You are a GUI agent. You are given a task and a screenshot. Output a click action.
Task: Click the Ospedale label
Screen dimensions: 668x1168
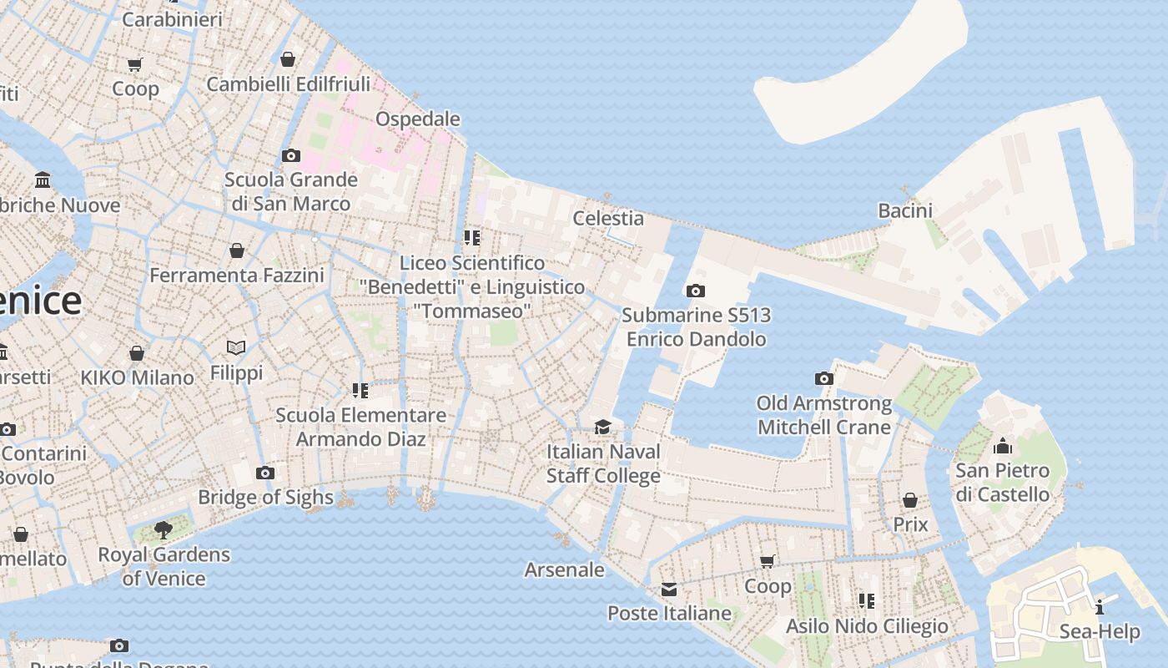pos(417,119)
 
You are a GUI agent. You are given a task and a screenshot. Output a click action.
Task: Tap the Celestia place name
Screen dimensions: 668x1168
pos(608,218)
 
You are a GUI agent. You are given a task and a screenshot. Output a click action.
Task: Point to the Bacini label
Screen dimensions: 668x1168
pos(905,210)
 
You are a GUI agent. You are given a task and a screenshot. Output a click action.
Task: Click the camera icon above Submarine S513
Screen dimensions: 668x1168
pos(695,291)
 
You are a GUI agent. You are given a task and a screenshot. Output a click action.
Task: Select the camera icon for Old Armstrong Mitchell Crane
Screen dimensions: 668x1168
pos(824,379)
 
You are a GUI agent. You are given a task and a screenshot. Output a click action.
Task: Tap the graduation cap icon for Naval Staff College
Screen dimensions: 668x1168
pos(602,428)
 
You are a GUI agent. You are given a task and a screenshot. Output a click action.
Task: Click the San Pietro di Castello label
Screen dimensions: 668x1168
pos(1002,483)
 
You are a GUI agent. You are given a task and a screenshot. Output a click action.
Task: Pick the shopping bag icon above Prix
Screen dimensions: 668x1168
pos(910,500)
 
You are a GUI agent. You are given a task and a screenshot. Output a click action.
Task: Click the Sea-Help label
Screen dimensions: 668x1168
pos(1100,631)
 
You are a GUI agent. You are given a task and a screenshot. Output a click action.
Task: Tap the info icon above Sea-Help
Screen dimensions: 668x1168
pos(1100,607)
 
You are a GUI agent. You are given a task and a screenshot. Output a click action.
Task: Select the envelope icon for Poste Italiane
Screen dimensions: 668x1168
pos(669,590)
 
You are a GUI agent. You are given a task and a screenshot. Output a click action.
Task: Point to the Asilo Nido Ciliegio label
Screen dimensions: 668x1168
pos(867,625)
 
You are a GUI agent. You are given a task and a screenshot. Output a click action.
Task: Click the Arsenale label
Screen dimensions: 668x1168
pos(564,569)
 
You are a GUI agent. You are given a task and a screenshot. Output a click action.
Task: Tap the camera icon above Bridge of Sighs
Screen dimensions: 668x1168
pos(265,473)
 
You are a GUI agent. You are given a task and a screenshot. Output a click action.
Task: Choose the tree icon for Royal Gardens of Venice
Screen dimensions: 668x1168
pos(164,529)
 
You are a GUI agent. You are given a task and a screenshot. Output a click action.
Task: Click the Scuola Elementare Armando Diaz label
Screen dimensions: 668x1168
pos(361,427)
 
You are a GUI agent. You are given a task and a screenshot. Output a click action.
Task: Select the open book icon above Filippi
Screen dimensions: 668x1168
pos(236,347)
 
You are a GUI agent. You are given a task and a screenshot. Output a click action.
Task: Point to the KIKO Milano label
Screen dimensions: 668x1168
pos(137,377)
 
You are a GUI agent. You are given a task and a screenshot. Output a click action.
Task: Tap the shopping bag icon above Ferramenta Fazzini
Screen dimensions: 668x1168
pos(237,250)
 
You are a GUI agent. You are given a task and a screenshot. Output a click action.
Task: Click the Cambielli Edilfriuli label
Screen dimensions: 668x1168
pos(288,84)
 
